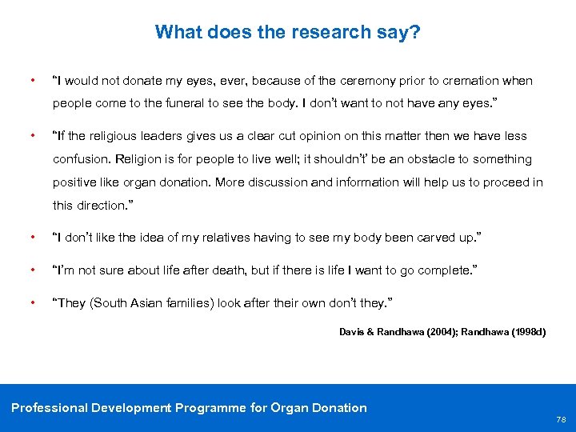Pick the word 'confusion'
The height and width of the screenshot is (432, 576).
[81, 159]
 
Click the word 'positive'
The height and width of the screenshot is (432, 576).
[75, 182]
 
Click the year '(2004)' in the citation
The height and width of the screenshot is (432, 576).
[429, 331]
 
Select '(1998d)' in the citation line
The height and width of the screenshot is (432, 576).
[526, 331]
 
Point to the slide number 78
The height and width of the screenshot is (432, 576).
[560, 418]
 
